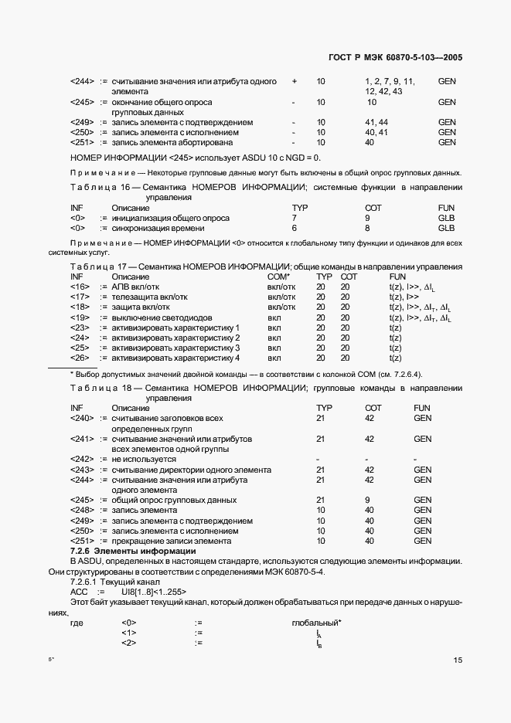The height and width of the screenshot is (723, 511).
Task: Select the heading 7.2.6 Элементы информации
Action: [x=133, y=551]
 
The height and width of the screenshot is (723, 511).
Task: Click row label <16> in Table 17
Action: [x=81, y=287]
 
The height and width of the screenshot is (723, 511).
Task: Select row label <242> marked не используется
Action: [x=81, y=459]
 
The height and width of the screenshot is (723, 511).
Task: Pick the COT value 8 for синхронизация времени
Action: [x=367, y=228]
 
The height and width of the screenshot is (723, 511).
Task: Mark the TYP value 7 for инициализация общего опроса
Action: [x=294, y=218]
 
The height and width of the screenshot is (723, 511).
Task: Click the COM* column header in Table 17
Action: [x=278, y=277]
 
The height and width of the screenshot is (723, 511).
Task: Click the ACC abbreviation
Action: [x=78, y=591]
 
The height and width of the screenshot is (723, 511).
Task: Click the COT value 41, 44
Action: [x=376, y=122]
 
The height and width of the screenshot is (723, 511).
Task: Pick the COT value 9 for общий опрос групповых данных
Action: [x=367, y=500]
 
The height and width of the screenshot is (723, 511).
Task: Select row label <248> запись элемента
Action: [x=81, y=510]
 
